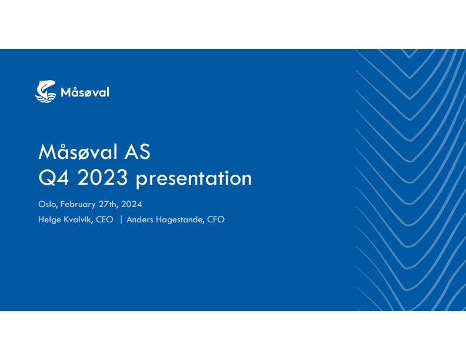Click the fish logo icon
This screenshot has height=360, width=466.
(x=45, y=92)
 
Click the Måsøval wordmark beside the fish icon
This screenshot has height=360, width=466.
(x=85, y=92)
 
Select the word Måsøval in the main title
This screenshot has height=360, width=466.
(x=78, y=152)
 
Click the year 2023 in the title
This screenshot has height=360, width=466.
(x=102, y=178)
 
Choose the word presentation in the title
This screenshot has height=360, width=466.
(x=194, y=179)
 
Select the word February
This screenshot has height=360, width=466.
(x=78, y=205)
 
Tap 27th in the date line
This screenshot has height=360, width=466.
(x=108, y=204)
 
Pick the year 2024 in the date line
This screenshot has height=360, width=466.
(x=132, y=204)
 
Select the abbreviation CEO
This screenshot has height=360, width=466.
(x=104, y=220)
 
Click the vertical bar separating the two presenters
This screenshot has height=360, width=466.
(x=121, y=220)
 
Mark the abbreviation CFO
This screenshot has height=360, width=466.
(x=216, y=220)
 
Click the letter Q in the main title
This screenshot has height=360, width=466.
(x=47, y=178)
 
